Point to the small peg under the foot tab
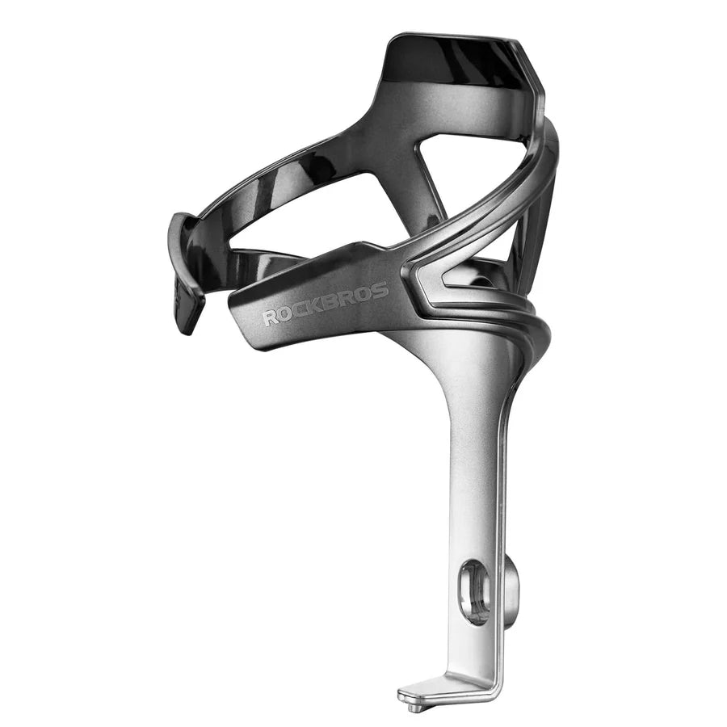[x=414, y=707]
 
